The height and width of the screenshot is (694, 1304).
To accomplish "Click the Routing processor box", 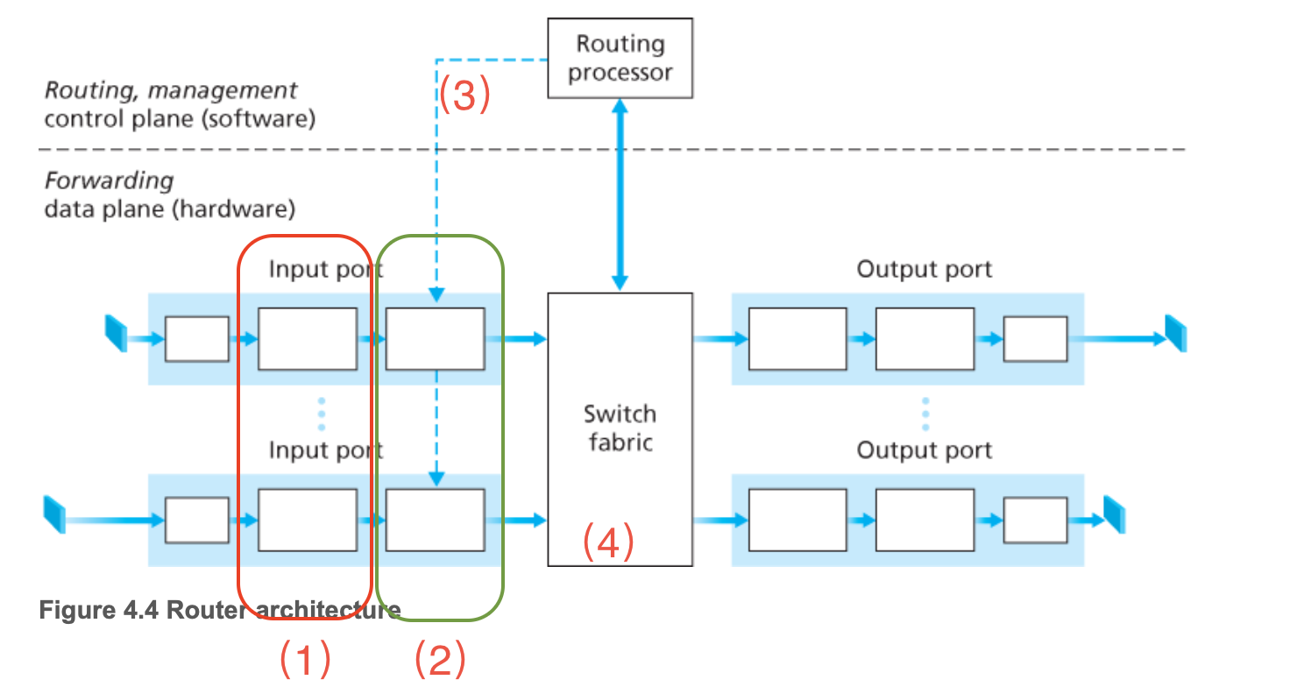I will point(620,58).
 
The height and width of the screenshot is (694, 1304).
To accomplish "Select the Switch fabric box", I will point(620,428).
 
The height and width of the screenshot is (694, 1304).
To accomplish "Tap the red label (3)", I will point(463,96).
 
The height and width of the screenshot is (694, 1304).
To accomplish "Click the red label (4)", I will point(608,543).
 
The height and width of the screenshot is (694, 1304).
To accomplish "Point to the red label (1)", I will point(304,659).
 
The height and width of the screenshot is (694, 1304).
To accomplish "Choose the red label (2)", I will point(439,659).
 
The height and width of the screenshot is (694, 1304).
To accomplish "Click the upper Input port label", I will point(325,268).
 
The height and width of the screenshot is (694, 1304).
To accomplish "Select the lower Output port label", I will point(924,450).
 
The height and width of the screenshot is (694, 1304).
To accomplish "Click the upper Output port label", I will point(924,268).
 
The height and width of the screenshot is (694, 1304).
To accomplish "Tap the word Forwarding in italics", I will point(109,181).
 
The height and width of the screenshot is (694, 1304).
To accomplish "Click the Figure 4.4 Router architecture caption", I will point(219,611).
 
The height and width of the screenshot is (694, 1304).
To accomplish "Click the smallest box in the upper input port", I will point(196,338).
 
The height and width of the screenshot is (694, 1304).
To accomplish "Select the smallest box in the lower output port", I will point(1035,520).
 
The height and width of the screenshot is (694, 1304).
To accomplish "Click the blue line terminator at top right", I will point(1175,331).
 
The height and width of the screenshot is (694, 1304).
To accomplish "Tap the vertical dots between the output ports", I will point(925,414).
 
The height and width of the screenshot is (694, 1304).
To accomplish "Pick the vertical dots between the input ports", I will point(322,414).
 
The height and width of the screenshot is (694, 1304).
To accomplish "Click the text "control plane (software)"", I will point(179,118).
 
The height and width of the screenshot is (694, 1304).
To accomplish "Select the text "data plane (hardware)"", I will point(169,209).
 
